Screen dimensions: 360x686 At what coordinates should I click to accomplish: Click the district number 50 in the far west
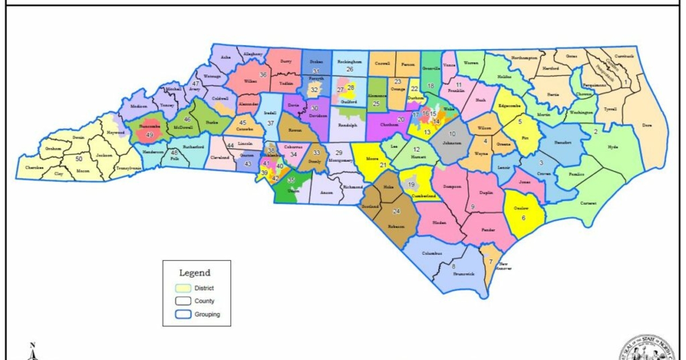pos(79,158)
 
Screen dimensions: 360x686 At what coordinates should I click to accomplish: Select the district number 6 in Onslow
pos(523,218)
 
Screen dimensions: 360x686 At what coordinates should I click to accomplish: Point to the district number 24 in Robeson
pos(395,211)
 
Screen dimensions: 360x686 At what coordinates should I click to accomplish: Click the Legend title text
pos(195,273)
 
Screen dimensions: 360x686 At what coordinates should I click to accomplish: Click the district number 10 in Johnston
pos(452,133)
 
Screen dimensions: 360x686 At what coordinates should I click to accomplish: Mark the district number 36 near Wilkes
pos(264,75)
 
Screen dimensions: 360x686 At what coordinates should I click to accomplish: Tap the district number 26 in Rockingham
pos(350,69)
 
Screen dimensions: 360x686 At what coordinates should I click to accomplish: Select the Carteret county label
pos(588,203)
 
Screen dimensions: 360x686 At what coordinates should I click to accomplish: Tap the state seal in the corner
pos(652,349)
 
